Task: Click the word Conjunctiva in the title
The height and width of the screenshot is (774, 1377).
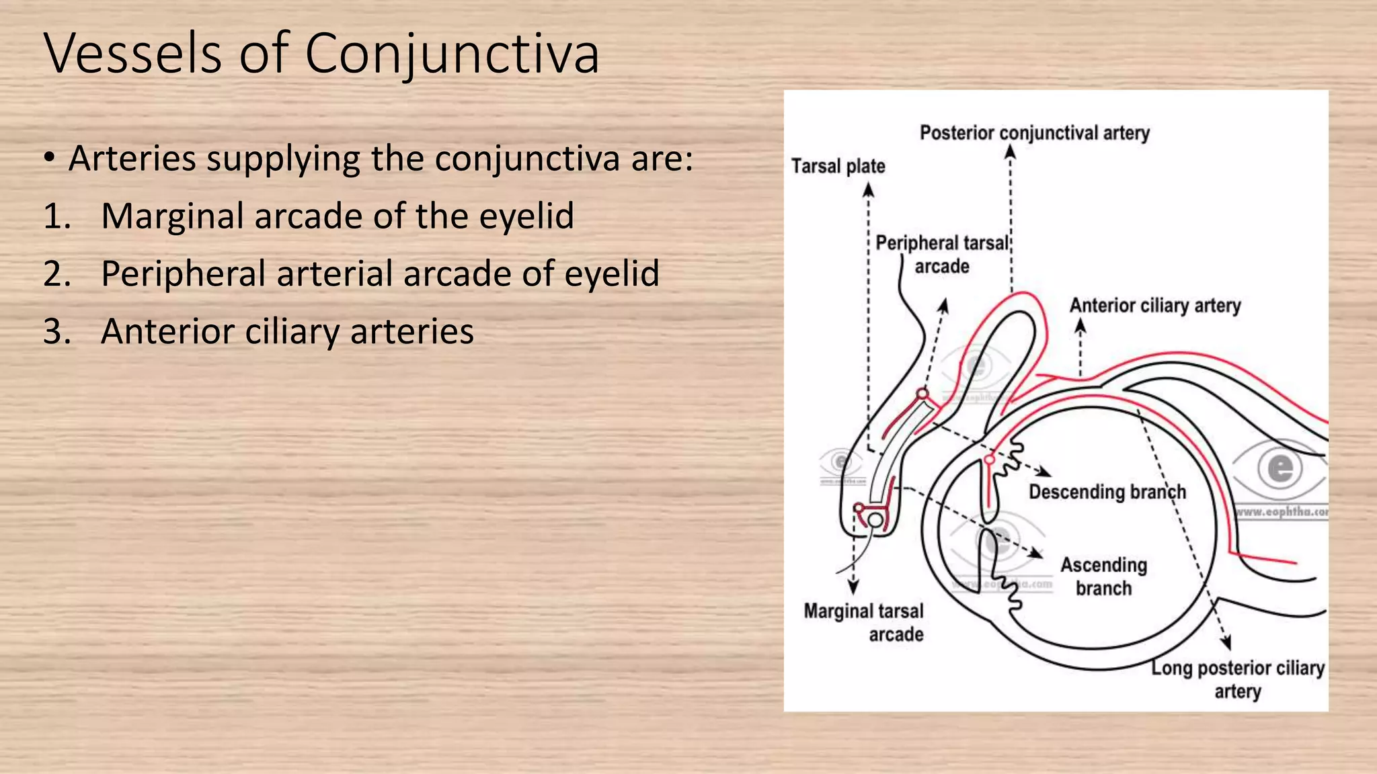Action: [452, 54]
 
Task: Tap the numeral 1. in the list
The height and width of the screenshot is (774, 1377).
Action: [57, 217]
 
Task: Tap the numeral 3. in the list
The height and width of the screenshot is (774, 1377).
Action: [57, 332]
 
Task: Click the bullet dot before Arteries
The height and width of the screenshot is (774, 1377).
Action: [49, 159]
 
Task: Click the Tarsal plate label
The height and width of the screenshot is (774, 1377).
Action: [838, 166]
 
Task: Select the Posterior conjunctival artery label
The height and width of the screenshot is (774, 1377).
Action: [1034, 133]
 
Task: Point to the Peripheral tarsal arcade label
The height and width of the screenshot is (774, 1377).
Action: [942, 254]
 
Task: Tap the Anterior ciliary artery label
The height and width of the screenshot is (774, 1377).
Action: [1154, 306]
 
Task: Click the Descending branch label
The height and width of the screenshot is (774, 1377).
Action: [1107, 492]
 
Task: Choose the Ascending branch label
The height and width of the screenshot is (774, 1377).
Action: [1103, 576]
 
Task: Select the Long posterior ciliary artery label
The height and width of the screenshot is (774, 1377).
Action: [1237, 679]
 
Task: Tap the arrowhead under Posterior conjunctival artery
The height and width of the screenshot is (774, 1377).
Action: [1010, 152]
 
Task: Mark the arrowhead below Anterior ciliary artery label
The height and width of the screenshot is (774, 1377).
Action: [1080, 325]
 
